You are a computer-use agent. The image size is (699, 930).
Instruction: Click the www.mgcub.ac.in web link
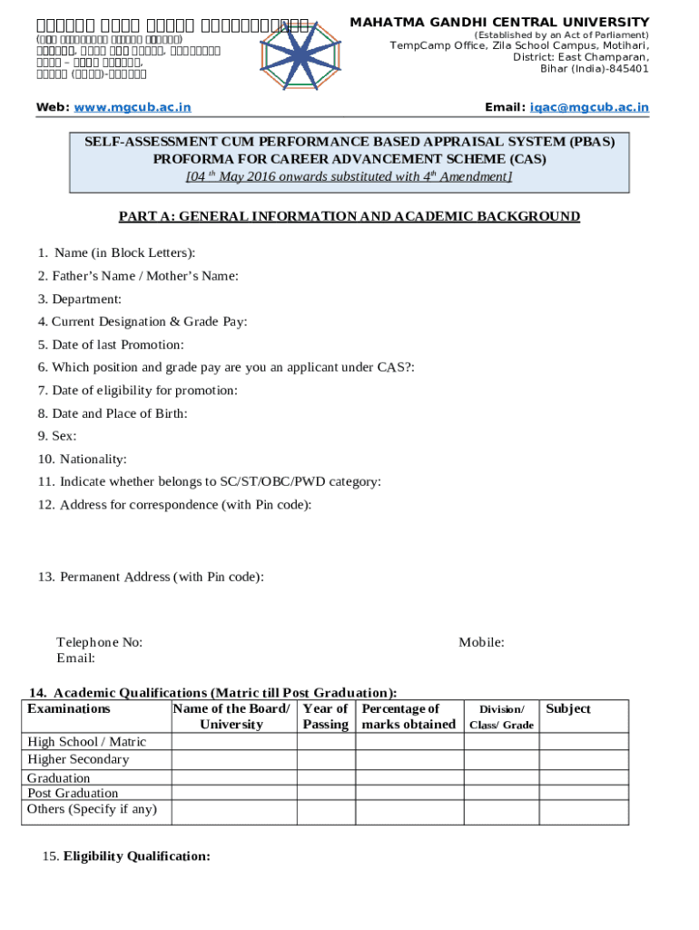(x=133, y=107)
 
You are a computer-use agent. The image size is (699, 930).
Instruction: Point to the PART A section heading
(x=349, y=216)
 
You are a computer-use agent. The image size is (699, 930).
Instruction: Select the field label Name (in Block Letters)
(x=124, y=252)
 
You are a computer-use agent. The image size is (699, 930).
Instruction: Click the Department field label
(x=86, y=299)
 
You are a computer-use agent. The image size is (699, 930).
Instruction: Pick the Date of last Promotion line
(x=111, y=344)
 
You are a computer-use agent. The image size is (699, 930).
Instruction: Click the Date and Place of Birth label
(x=113, y=413)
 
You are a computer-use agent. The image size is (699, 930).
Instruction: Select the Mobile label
(x=481, y=642)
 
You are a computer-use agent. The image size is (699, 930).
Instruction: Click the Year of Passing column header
(x=325, y=716)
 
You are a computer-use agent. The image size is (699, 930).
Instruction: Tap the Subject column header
(x=568, y=708)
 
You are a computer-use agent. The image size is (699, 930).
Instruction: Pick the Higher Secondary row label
(x=78, y=759)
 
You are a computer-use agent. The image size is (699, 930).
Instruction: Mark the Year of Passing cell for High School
(x=325, y=741)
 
